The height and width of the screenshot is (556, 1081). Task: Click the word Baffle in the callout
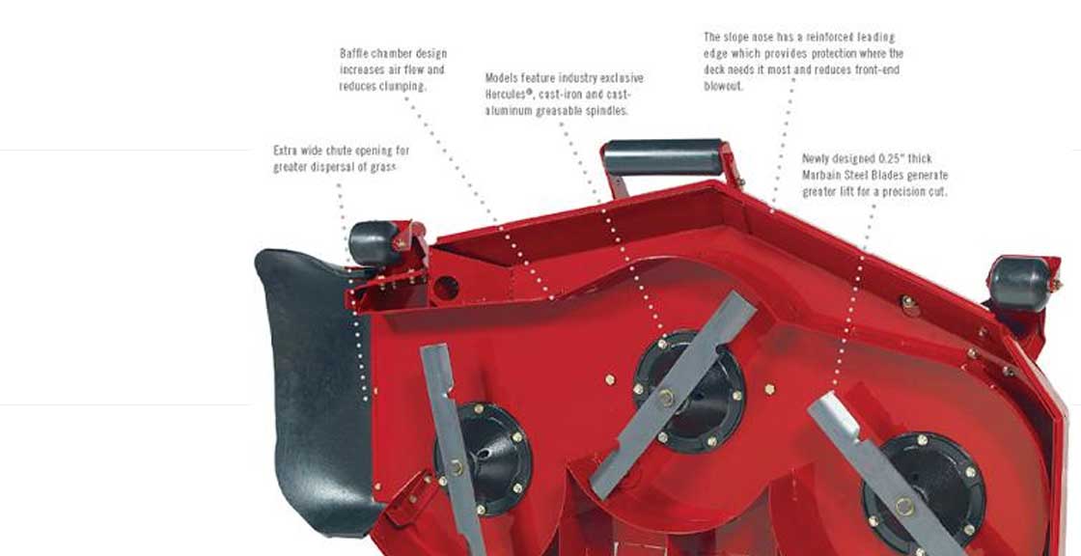[x=354, y=53]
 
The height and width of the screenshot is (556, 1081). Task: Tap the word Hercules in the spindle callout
[x=507, y=94]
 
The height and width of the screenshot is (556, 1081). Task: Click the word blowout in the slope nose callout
[x=723, y=86]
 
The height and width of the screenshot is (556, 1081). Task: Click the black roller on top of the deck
[x=662, y=158]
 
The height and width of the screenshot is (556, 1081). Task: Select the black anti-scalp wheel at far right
[x=1019, y=284]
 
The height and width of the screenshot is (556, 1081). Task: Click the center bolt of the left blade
[x=457, y=468]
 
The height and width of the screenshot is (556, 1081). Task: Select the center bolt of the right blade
[x=904, y=507]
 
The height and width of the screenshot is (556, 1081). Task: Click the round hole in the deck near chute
[x=446, y=288]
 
